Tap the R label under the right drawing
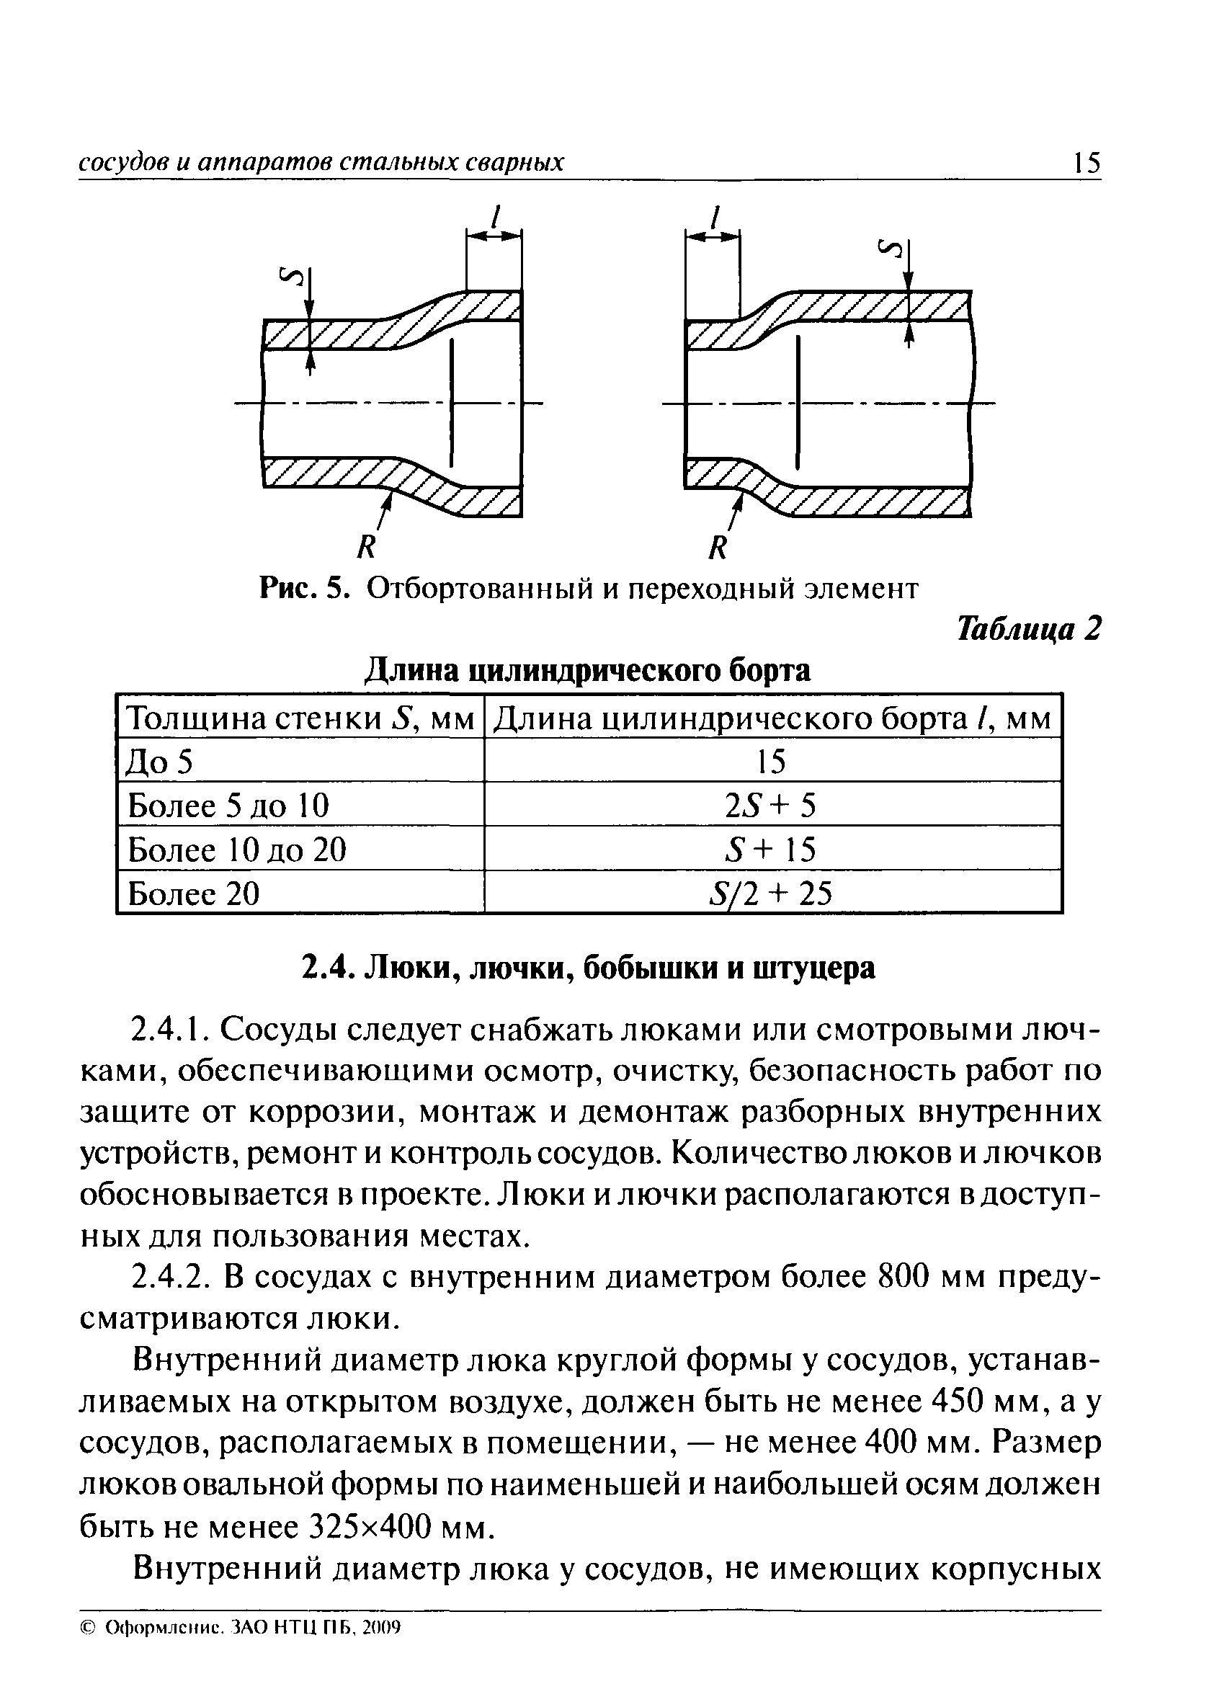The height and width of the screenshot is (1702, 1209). [x=716, y=549]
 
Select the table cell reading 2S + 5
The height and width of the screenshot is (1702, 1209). [x=771, y=806]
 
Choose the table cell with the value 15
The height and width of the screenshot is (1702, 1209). [x=771, y=762]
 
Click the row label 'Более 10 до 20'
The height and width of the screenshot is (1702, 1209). [x=238, y=850]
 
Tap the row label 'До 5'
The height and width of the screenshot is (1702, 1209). [x=160, y=762]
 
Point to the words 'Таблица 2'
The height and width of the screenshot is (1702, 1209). [x=1028, y=629]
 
